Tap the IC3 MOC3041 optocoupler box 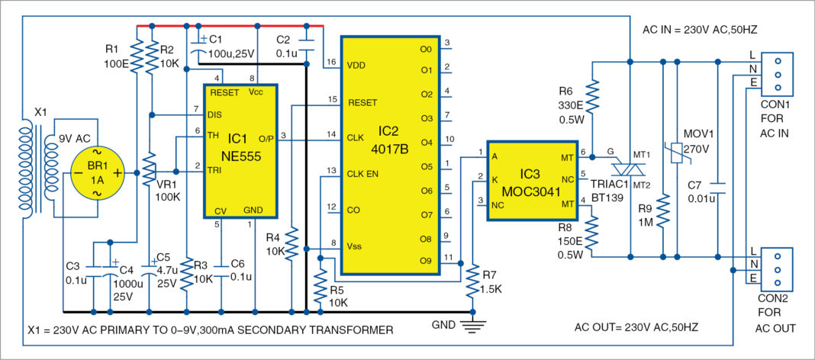click(x=533, y=180)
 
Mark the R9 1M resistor click(x=665, y=213)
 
